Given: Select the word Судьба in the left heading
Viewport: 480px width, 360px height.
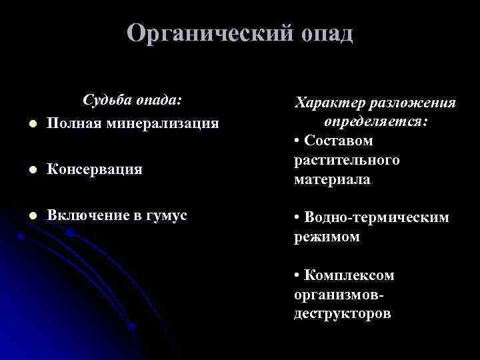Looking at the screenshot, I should [x=105, y=100].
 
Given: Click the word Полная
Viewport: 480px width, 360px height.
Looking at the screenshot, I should [x=74, y=123].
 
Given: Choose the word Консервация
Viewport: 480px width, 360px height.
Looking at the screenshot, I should [x=95, y=169].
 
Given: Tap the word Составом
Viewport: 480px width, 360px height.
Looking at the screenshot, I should [x=337, y=141].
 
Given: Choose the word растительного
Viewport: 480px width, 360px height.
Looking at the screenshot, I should [x=347, y=160].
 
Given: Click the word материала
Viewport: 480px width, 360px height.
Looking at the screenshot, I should [x=332, y=179].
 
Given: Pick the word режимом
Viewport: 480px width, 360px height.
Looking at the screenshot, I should [x=327, y=237].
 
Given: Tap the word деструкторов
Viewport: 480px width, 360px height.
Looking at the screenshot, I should [x=342, y=313].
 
